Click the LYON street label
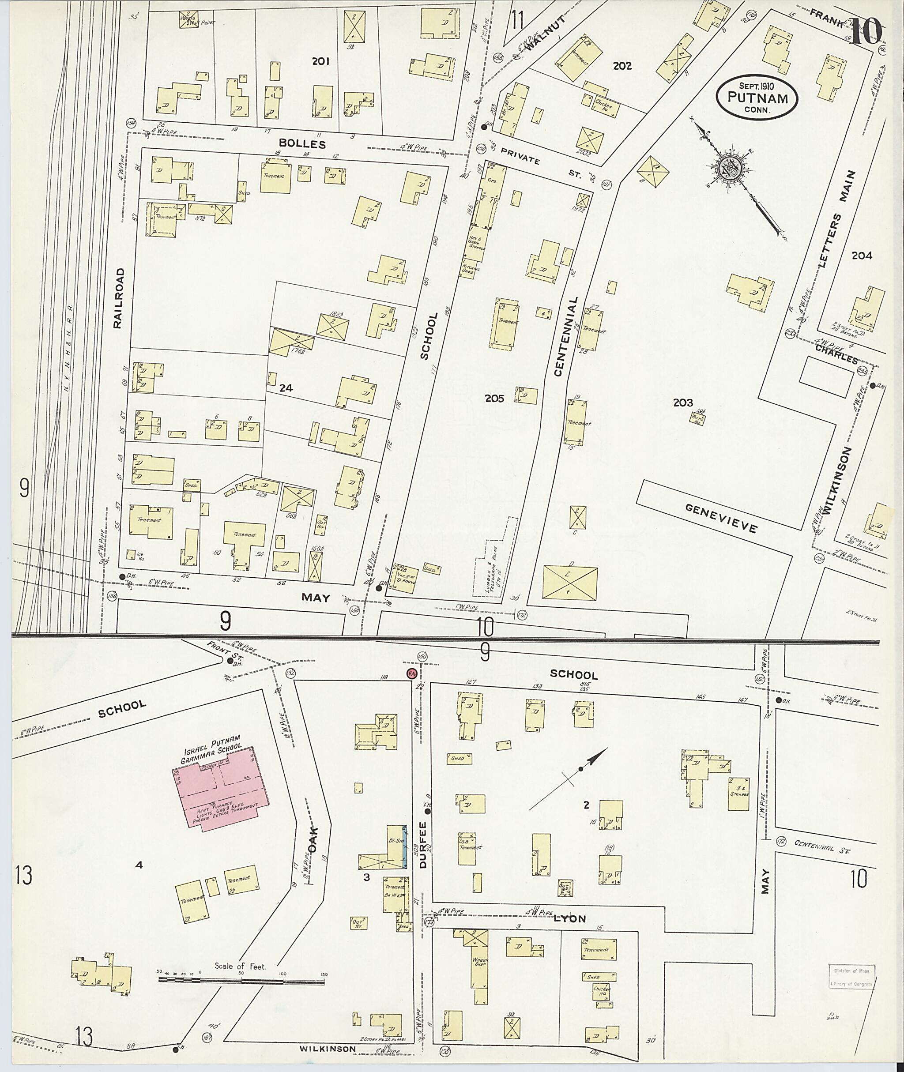pos(570,919)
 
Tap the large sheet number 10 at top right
pos(866,29)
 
